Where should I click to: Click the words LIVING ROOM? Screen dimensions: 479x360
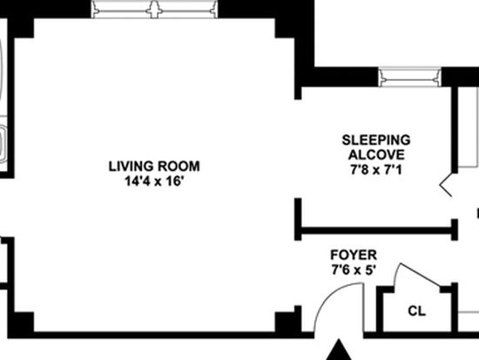(154, 166)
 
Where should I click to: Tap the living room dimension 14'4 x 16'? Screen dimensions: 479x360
(154, 181)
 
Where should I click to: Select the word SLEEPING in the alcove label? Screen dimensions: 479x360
(376, 140)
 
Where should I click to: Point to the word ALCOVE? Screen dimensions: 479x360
(376, 155)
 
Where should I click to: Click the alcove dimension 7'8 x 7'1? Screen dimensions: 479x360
(376, 169)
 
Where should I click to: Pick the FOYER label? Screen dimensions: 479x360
(354, 255)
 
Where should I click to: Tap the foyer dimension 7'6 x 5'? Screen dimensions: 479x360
(354, 270)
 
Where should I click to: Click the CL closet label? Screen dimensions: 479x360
(416, 311)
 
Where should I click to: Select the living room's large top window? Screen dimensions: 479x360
(154, 10)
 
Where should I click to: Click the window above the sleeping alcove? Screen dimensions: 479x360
(409, 77)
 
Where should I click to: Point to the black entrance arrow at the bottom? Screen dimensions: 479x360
(339, 350)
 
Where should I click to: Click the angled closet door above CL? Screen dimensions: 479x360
(420, 275)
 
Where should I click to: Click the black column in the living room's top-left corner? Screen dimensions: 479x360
(24, 28)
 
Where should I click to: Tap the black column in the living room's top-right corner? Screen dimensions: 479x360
(285, 28)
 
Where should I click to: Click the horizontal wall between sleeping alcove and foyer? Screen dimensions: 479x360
(376, 231)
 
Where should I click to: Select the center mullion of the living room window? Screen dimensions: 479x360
(154, 10)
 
